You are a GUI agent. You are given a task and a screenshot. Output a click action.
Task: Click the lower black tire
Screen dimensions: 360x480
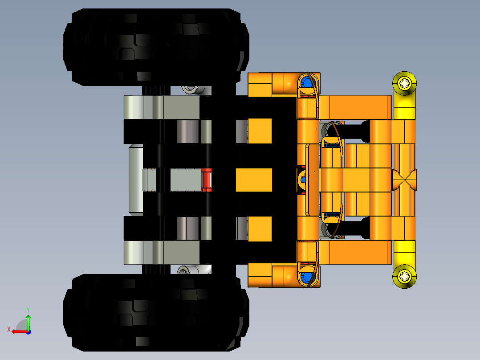coord(156,312)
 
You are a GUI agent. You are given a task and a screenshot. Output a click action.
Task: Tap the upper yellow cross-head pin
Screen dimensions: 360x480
coord(404,83)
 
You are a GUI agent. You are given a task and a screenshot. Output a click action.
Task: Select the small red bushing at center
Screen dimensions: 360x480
coord(206,180)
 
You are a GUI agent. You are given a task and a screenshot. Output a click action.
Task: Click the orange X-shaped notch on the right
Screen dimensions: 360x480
coord(404,180)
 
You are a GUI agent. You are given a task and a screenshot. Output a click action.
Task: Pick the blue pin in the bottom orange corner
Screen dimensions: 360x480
coord(307,277)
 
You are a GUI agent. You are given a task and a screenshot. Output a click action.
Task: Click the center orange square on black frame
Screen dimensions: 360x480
coord(253,180)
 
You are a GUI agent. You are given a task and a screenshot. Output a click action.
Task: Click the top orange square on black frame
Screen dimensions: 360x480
coord(260,131)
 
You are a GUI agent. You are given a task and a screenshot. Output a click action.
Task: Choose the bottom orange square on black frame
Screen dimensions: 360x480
coord(260,229)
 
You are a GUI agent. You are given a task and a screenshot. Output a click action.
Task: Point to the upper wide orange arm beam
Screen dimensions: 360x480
coord(354,107)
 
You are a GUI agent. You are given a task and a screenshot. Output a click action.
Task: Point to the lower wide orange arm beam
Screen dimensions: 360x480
coord(354,253)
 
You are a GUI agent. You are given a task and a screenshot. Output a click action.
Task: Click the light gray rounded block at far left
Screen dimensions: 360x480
coord(135,180)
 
